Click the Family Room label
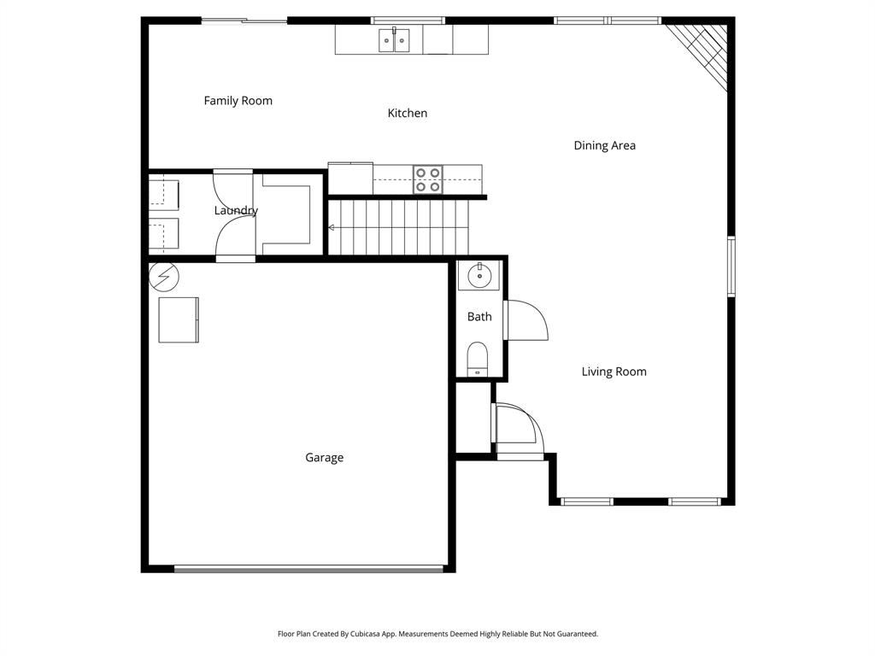[238, 101]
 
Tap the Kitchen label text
[408, 113]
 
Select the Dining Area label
[604, 145]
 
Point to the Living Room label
[614, 372]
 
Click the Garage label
[324, 458]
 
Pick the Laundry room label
[236, 210]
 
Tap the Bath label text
[479, 317]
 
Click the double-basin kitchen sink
[395, 40]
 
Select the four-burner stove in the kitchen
[428, 179]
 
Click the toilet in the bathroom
[478, 359]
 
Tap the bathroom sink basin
[479, 275]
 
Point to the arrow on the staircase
[332, 227]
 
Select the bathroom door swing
[526, 321]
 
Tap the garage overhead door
[309, 568]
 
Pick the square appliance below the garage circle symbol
[179, 319]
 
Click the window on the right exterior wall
[731, 266]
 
